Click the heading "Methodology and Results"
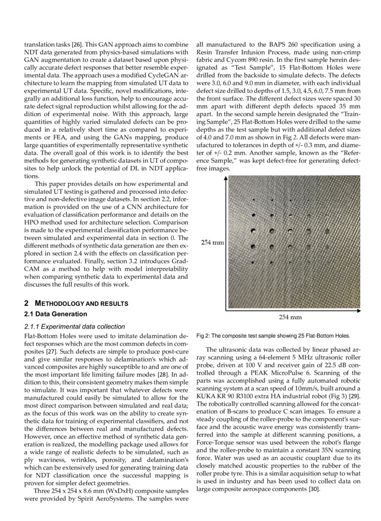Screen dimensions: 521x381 [x=79, y=303]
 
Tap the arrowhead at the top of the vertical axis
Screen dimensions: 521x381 [x=226, y=178]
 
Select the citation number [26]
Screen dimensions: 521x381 [x=79, y=44]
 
